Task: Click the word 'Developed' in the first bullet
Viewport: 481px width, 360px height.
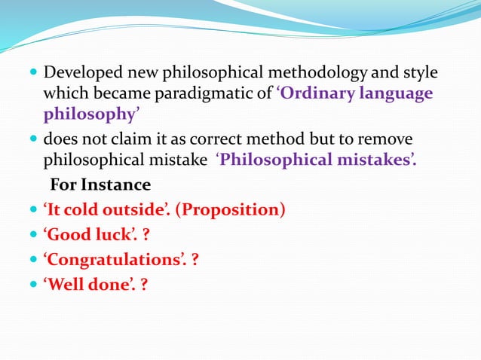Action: (x=79, y=74)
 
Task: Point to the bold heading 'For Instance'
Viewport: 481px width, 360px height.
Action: (x=100, y=185)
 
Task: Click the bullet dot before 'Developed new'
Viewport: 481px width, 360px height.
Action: (x=34, y=75)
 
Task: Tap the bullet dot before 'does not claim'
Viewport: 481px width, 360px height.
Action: (x=34, y=141)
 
